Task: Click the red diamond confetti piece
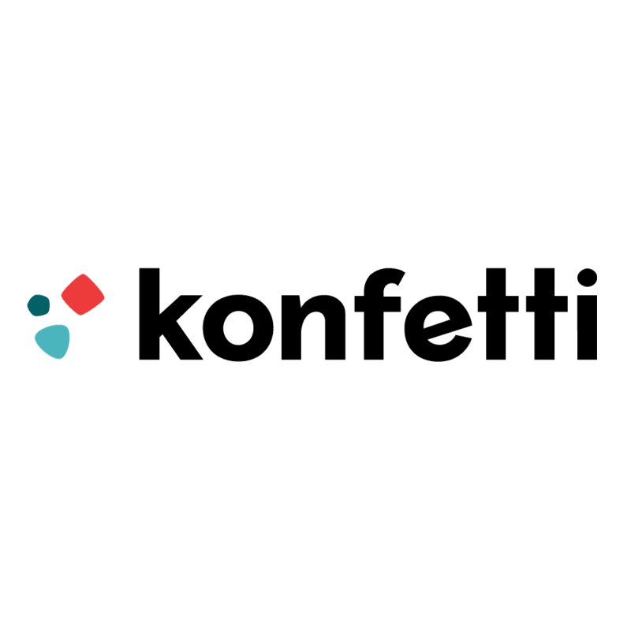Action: point(83,294)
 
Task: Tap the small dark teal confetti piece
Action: point(38,304)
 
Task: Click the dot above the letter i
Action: point(584,279)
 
